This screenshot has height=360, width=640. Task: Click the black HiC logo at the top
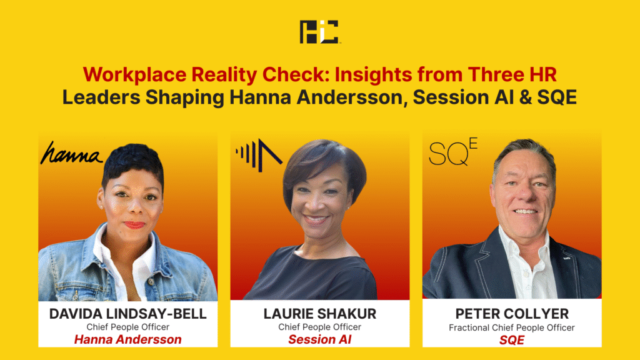[x=319, y=32]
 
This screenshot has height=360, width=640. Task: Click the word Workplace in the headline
[x=135, y=75]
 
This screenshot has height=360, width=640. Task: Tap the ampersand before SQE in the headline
[x=522, y=97]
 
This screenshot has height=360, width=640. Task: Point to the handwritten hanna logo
[x=71, y=154]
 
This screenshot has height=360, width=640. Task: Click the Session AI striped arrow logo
[x=259, y=155]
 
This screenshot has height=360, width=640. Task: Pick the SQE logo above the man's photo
[x=452, y=152]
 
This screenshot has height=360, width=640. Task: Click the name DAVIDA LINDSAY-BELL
[x=127, y=314]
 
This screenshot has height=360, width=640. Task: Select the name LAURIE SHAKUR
[x=319, y=314]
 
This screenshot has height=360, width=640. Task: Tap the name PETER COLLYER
[x=512, y=314]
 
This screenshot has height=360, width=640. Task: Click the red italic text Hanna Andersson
[x=127, y=339]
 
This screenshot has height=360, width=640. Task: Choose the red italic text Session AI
[x=319, y=339]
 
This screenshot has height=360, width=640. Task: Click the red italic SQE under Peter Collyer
[x=512, y=340]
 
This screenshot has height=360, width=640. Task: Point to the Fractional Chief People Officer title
[x=512, y=327]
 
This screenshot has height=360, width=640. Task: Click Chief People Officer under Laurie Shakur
[x=319, y=327]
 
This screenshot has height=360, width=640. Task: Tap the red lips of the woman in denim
[x=134, y=225]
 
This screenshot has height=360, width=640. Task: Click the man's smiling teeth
[x=525, y=211]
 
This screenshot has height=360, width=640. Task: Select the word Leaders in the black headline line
[x=101, y=97]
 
